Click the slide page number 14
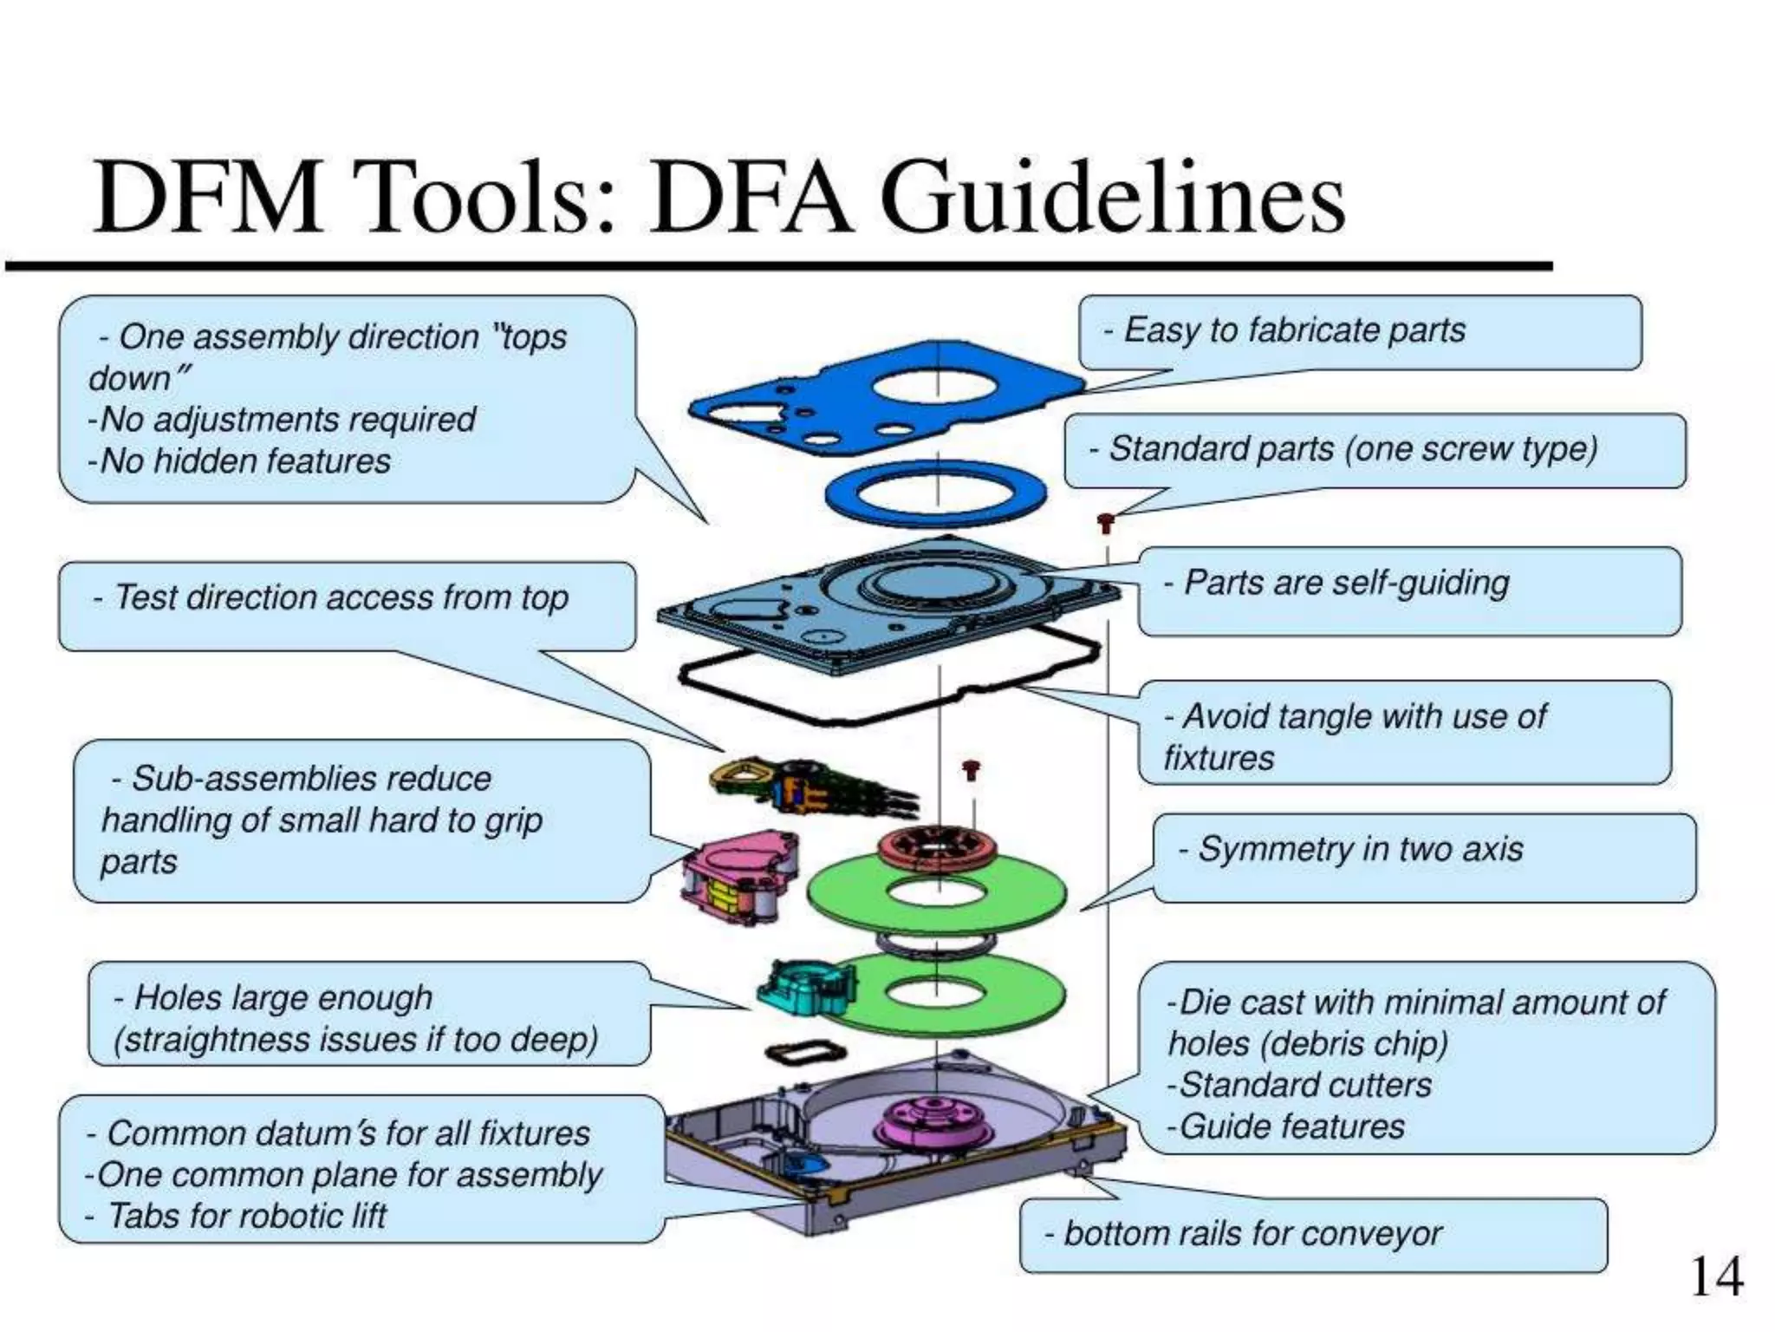click(x=1715, y=1277)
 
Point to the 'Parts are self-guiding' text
click(x=1346, y=583)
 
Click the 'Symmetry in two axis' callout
click(x=1360, y=849)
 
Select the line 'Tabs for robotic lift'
click(x=246, y=1216)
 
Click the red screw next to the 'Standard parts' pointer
click(x=1105, y=522)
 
